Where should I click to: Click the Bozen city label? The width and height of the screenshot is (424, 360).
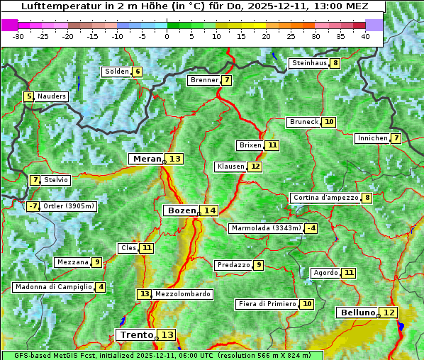pos(181,210)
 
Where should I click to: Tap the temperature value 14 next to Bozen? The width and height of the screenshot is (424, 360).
pos(209,210)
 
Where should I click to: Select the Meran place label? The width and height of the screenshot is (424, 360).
pos(147,159)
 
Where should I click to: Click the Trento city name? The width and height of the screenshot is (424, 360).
pos(136,334)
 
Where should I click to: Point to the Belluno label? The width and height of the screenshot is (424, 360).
pos(357,313)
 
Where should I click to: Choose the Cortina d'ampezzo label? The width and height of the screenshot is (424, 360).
pos(325,198)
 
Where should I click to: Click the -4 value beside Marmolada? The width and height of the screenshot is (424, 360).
pos(311,228)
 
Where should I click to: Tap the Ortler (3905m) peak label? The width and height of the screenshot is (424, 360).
pos(69,206)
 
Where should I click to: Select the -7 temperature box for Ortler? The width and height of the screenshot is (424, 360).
pos(33,206)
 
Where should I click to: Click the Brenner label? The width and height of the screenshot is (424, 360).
pos(204,80)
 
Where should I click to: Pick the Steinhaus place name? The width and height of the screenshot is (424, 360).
pos(308,63)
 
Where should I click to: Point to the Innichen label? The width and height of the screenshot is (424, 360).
pos(372,138)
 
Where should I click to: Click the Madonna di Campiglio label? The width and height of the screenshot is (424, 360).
pos(54,287)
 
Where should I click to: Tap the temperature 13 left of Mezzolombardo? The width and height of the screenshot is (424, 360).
pos(144,294)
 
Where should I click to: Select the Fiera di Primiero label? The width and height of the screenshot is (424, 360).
pos(267,304)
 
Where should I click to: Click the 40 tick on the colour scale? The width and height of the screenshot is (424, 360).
pos(365,36)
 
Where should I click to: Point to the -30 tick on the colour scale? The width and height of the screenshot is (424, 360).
pos(18,36)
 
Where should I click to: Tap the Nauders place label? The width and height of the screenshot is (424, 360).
pos(52,96)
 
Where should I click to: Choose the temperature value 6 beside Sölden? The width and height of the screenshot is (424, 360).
pos(138,72)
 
